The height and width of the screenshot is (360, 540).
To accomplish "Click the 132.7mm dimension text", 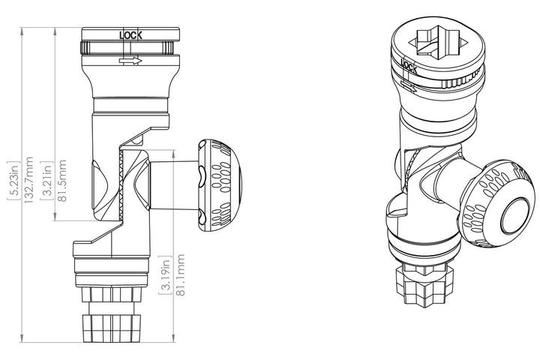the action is (28, 180).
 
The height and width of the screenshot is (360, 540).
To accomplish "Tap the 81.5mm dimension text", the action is (62, 181).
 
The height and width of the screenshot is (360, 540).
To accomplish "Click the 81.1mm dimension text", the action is (180, 275).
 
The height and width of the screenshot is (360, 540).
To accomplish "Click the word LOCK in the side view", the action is (130, 35).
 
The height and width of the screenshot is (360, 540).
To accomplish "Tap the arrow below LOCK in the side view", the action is (130, 61).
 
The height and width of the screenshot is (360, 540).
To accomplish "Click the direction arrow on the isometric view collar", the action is (409, 85).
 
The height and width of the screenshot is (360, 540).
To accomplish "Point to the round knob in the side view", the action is (220, 185).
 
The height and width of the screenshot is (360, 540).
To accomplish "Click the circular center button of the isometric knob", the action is (515, 216).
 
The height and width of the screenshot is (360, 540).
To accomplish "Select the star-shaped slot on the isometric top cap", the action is (438, 42).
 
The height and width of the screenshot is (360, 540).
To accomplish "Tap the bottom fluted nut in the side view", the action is (112, 327).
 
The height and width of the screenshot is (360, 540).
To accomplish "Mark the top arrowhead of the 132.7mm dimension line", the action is (22, 30).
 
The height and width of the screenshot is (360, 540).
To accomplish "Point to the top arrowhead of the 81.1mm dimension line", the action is (173, 153).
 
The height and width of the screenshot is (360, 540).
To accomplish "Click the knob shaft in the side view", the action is (175, 185).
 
